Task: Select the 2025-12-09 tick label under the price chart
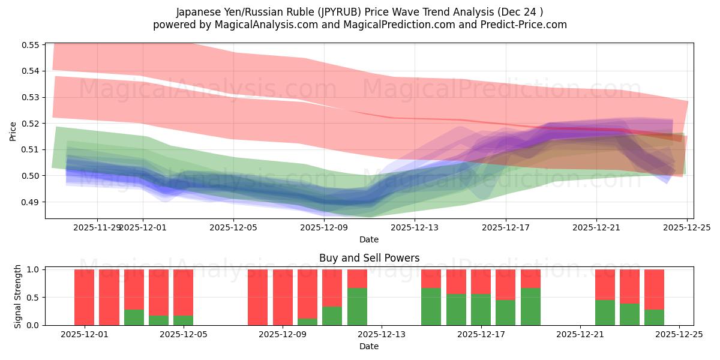(323, 227)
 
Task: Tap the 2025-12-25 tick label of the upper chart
(687, 227)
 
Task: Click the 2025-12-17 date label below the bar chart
(481, 334)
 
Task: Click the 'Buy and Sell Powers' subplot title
(369, 258)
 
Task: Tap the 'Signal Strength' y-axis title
(18, 296)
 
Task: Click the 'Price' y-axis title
(13, 131)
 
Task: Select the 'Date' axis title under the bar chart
(369, 346)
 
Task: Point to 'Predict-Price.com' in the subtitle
(521, 25)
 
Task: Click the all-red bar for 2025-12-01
(85, 297)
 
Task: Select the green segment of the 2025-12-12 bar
(357, 307)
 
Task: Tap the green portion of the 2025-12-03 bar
(134, 317)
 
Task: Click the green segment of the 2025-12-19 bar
(530, 307)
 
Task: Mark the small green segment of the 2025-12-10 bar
(307, 322)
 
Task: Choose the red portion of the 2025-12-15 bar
(431, 278)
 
